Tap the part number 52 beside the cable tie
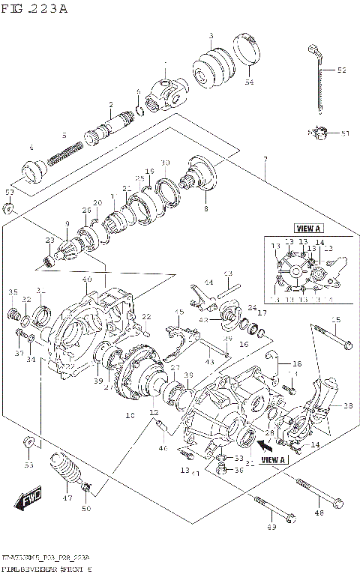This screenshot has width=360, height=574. [341, 70]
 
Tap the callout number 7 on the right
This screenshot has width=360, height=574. [265, 160]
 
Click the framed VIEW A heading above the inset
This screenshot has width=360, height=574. [308, 229]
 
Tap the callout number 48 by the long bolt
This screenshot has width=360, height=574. [319, 513]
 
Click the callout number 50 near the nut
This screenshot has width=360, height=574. [86, 510]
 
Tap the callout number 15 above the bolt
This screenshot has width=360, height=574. [335, 321]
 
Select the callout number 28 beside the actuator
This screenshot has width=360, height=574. [348, 405]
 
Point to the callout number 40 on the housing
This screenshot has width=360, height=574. [87, 280]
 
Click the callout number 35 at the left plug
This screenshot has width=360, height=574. [13, 291]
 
